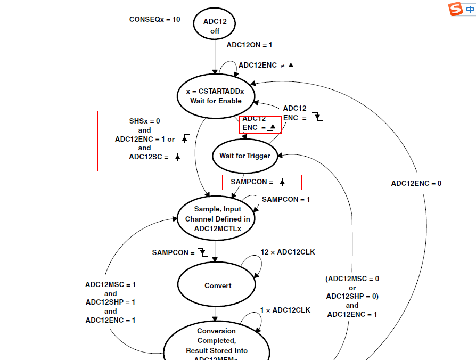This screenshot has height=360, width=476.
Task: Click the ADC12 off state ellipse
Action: pos(215,23)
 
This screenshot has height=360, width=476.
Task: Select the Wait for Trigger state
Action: pos(245,156)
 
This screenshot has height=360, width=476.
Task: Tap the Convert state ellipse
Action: pos(217,284)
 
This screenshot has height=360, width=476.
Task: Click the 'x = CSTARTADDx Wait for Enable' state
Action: pos(216,96)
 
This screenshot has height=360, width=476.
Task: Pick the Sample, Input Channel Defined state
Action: pos(216,218)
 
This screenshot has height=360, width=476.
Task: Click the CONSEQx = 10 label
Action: pos(155,19)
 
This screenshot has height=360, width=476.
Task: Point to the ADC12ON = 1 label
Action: pos(249,45)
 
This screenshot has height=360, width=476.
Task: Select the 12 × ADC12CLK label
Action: pos(288,252)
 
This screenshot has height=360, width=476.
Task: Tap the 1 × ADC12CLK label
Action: pos(285,310)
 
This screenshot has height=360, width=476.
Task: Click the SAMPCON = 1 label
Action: pos(286,199)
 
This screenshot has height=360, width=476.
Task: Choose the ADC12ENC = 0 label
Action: pos(416,183)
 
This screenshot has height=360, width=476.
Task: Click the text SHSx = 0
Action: pos(144,121)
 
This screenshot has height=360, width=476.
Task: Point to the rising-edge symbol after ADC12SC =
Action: pos(178,157)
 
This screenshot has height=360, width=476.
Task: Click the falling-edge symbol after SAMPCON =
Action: pos(203,252)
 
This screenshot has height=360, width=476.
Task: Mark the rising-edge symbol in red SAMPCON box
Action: pos(282,182)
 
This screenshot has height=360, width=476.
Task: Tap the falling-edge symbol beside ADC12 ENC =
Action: pos(317,117)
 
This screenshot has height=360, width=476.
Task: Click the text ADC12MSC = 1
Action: pos(111,285)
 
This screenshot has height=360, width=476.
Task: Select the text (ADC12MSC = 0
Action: pos(352,279)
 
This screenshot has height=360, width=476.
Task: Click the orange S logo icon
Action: pos(455,9)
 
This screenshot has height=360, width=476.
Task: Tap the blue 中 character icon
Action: pos(470,9)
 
